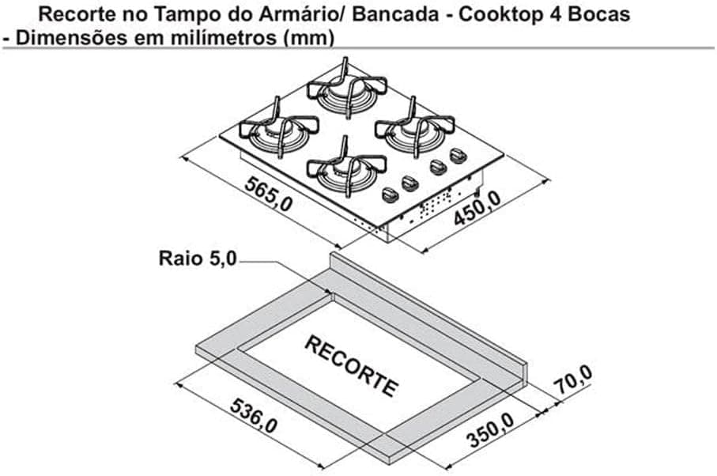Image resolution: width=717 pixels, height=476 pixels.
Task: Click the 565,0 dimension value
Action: [x=269, y=195]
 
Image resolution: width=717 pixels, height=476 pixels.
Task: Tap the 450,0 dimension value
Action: [x=477, y=208]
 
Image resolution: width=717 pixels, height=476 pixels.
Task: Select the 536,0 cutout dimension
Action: [x=254, y=415]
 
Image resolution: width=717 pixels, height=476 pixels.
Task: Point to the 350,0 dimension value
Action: [x=491, y=430]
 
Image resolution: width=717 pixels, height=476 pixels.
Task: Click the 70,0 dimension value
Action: [x=573, y=380]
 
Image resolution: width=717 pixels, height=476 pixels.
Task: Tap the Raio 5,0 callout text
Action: [x=198, y=259]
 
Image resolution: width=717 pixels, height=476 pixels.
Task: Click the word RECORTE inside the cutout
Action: [x=351, y=366]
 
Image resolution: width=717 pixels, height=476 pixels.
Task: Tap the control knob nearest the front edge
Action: [x=390, y=195]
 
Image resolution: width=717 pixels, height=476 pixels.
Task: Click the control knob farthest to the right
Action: [x=458, y=156]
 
